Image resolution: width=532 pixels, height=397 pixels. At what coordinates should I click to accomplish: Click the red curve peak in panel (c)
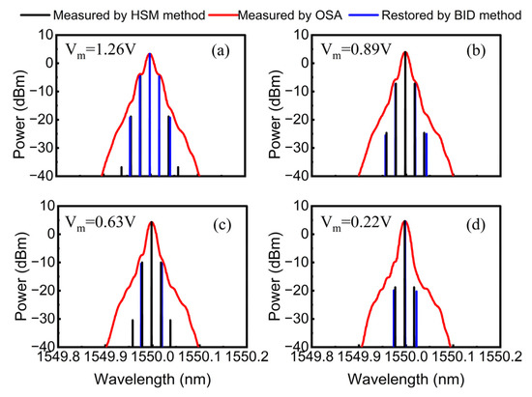[151, 223]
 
